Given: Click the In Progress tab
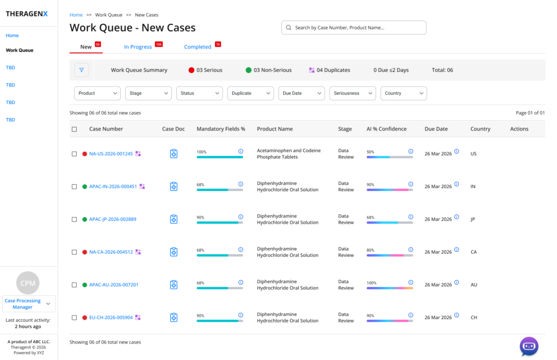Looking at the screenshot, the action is pyautogui.click(x=138, y=47).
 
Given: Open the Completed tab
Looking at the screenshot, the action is pyautogui.click(x=197, y=47).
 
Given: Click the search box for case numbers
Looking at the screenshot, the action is pyautogui.click(x=354, y=28).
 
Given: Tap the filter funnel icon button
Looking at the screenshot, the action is pyautogui.click(x=82, y=70).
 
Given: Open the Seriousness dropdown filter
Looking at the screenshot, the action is pyautogui.click(x=352, y=94).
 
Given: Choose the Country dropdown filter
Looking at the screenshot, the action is pyautogui.click(x=404, y=94).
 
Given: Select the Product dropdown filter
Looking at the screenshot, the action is pyautogui.click(x=97, y=94).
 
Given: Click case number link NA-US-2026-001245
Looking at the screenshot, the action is pyautogui.click(x=111, y=154).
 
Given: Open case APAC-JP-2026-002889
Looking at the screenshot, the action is pyautogui.click(x=113, y=219).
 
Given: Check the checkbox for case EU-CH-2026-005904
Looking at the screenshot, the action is pyautogui.click(x=74, y=318).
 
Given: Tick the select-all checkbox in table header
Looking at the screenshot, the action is pyautogui.click(x=74, y=129).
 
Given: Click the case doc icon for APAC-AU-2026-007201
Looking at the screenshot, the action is pyautogui.click(x=174, y=285).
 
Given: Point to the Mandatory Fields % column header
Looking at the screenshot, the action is pyautogui.click(x=221, y=129).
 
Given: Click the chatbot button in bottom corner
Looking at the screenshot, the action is pyautogui.click(x=529, y=346).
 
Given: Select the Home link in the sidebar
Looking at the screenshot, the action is pyautogui.click(x=12, y=35).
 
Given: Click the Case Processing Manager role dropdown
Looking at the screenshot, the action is pyautogui.click(x=29, y=304).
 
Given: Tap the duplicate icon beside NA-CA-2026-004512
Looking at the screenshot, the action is pyautogui.click(x=138, y=252).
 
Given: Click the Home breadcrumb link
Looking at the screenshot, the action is pyautogui.click(x=76, y=15).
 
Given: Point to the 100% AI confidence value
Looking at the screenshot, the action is pyautogui.click(x=372, y=283).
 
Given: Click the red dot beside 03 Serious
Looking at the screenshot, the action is pyautogui.click(x=191, y=70).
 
